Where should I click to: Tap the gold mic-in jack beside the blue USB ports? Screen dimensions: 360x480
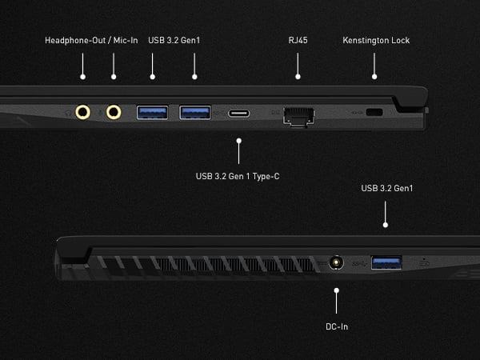click(114, 112)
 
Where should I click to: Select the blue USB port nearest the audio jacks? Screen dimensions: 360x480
click(152, 112)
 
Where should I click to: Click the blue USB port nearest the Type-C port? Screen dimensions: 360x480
click(194, 112)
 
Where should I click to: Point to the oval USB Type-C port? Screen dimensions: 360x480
click(238, 113)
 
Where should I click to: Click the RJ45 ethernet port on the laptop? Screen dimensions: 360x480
click(299, 114)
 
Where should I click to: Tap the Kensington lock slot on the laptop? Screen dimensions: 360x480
click(374, 113)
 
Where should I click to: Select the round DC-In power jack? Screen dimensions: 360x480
click(337, 262)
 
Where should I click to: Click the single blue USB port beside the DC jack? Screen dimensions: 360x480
click(386, 261)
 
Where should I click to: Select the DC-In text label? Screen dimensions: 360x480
click(337, 326)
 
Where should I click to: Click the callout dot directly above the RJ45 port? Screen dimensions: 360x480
click(298, 78)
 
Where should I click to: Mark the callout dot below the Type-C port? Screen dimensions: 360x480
click(238, 139)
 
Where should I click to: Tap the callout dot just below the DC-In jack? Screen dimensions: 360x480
click(337, 289)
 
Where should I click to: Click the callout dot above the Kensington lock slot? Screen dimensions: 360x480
click(374, 78)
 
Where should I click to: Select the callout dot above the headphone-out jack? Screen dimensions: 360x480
click(83, 78)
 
